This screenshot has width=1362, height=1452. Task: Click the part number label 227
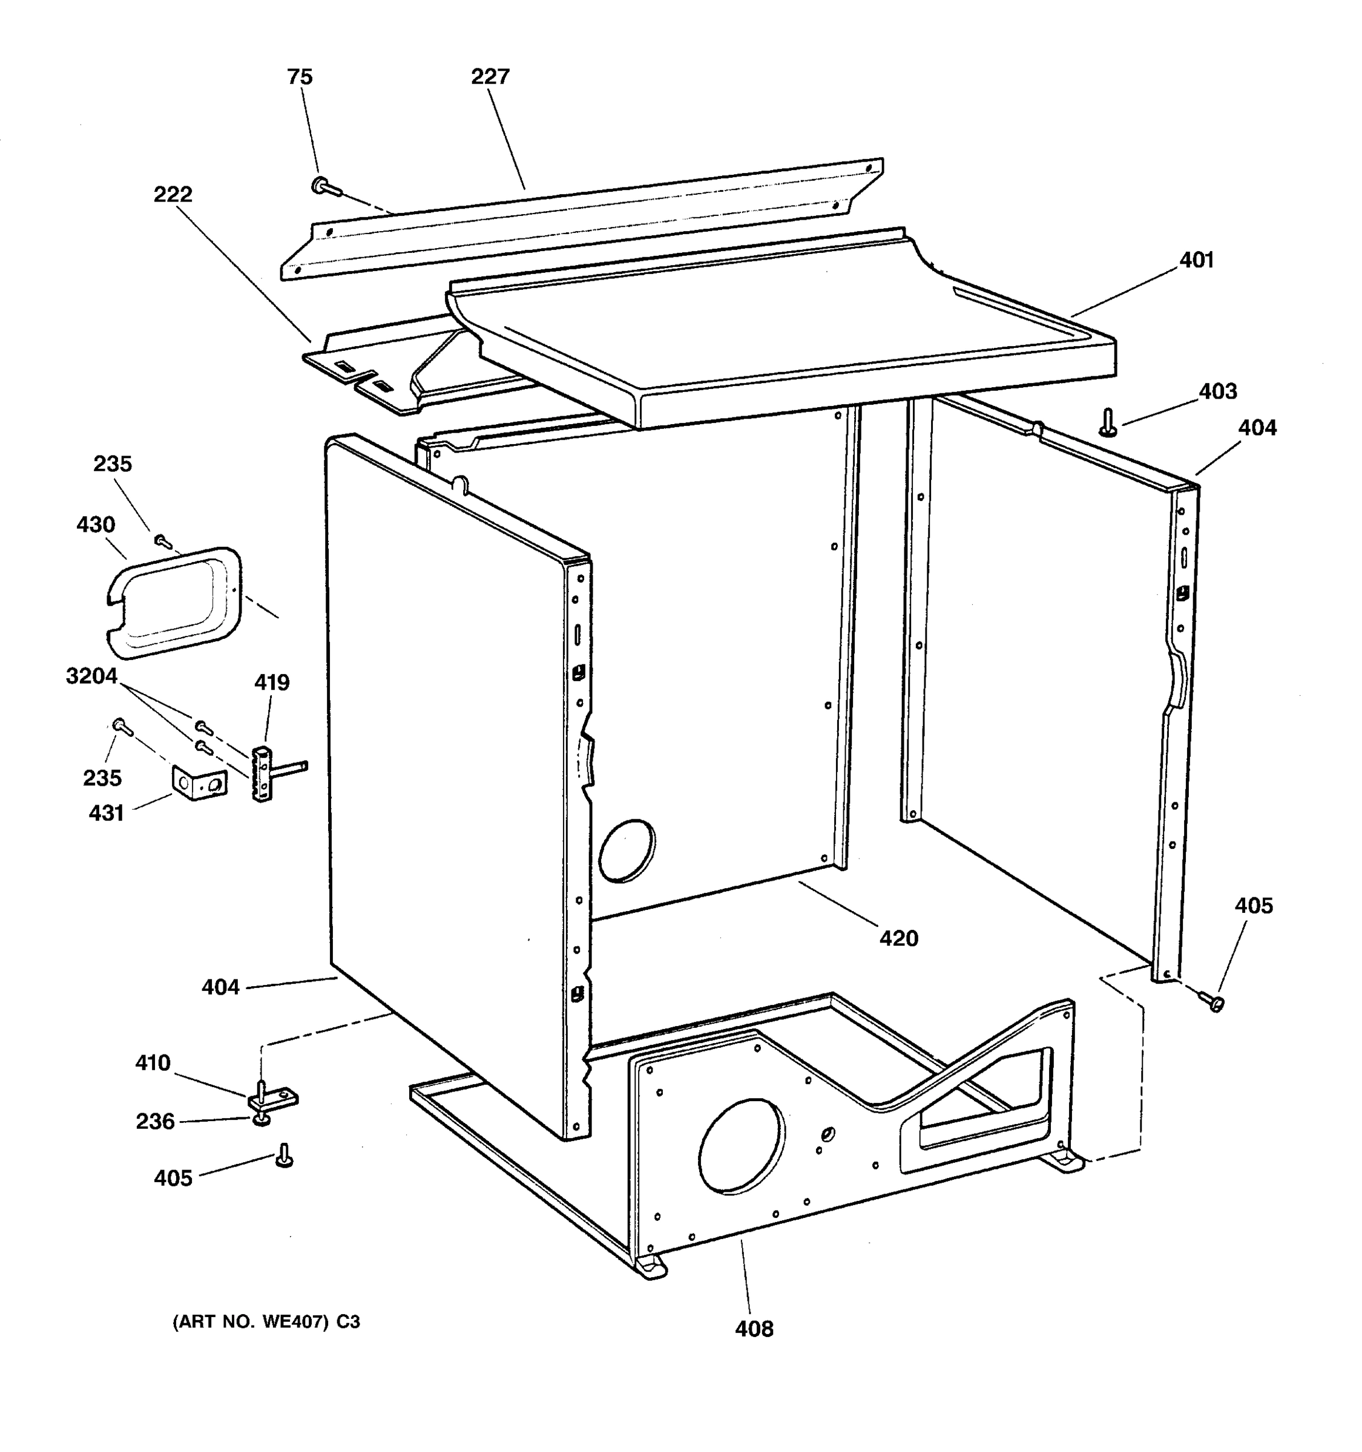point(490,77)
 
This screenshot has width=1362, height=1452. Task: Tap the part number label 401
point(1196,260)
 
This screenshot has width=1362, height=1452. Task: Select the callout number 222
point(173,194)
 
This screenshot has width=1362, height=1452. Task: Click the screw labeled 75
point(324,188)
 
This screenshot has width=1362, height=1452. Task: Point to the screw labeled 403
point(1108,422)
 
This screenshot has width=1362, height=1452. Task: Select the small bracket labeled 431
point(199,782)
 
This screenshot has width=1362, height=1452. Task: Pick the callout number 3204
point(91,676)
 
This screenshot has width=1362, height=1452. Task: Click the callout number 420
point(898,938)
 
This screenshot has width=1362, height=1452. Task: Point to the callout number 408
point(754,1329)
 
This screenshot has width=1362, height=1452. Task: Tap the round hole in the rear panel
point(626,850)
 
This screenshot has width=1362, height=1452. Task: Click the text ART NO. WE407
point(266,1322)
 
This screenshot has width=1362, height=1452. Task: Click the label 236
point(155,1121)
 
